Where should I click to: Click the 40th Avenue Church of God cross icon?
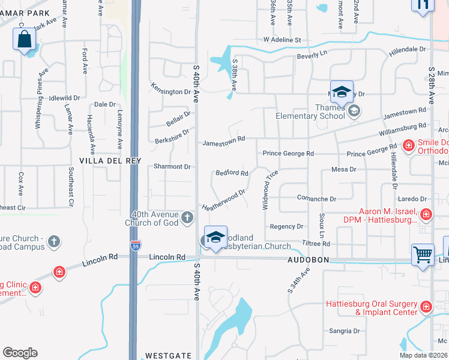[187, 217]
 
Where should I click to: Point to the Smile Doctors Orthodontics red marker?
[408, 145]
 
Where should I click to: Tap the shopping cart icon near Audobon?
[423, 254]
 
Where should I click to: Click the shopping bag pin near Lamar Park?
[24, 40]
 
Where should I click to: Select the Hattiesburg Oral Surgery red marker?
[426, 307]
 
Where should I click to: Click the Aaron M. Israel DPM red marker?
[426, 214]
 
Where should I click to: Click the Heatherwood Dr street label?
[224, 200]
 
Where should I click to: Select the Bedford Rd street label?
[232, 173]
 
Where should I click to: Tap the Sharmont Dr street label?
[171, 166]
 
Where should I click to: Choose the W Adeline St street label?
[282, 40]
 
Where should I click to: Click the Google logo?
[20, 353]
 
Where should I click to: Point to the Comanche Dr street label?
[316, 198]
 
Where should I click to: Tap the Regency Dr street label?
[287, 226]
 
